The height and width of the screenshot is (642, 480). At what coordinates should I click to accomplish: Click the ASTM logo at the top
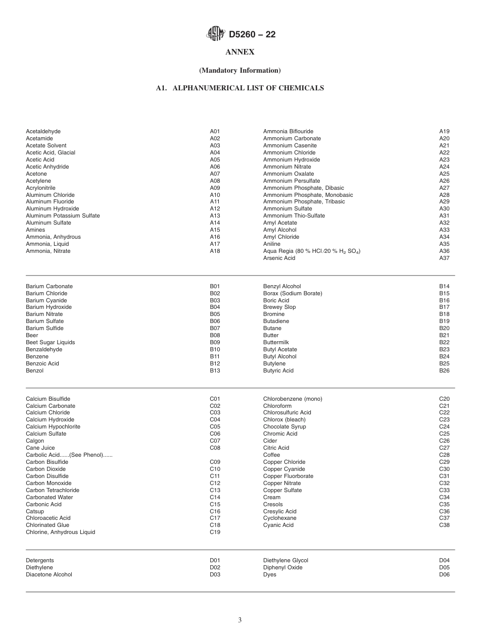tap(215, 34)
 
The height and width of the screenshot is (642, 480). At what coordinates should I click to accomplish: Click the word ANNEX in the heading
tap(240, 52)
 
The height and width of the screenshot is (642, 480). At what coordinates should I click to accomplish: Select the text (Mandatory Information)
tap(240, 70)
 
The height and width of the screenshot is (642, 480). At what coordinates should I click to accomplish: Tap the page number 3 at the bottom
tap(240, 620)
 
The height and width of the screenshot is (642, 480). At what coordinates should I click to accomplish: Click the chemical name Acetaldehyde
tap(43, 132)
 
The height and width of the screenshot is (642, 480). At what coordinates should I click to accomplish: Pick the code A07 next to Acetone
tap(215, 174)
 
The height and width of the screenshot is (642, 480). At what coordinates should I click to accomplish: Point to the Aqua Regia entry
tap(311, 251)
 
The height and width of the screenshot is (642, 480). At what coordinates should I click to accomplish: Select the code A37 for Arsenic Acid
tap(444, 258)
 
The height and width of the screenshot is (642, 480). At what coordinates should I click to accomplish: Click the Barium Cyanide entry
tap(46, 300)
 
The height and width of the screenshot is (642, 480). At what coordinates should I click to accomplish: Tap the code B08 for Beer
tap(215, 335)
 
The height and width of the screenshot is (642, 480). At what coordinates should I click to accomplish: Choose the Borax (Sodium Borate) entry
tap(293, 293)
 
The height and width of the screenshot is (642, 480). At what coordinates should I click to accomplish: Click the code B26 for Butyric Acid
tap(444, 370)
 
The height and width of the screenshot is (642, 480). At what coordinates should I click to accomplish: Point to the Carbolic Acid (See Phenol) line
tap(69, 455)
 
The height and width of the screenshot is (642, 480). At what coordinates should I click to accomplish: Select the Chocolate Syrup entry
tap(284, 426)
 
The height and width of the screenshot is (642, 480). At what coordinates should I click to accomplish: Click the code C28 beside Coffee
tap(444, 455)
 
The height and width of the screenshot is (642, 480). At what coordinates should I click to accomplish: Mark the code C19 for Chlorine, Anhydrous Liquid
tap(215, 532)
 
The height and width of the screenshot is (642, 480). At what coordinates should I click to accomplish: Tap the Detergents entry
tap(39, 560)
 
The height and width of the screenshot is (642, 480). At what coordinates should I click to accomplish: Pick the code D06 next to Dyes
tap(444, 574)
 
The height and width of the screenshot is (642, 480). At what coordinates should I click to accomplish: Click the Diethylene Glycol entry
tap(285, 560)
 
